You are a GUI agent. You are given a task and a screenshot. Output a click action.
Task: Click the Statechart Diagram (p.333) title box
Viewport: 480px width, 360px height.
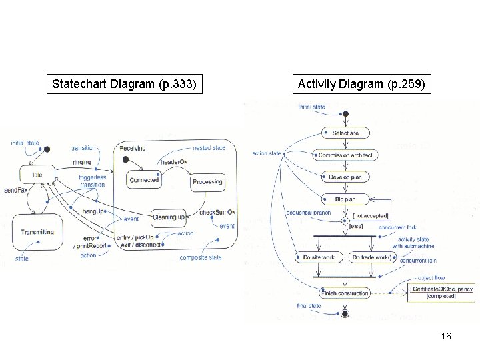pos(125,85)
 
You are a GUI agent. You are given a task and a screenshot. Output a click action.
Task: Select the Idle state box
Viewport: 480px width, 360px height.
pos(37,175)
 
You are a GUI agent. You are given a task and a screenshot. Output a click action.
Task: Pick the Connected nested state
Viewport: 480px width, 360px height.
pos(144,180)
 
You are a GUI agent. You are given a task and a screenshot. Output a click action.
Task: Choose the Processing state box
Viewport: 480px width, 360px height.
pos(207,181)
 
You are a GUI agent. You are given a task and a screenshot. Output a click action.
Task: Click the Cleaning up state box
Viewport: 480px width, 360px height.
pos(169,217)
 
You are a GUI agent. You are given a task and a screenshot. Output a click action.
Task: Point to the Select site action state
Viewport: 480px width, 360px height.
pos(345,133)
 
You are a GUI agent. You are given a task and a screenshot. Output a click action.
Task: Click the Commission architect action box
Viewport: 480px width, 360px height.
pos(345,155)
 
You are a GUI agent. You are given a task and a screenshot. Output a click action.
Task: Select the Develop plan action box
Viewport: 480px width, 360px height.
pos(345,177)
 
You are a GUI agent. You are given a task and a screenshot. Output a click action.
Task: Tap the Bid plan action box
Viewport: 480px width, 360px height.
pos(345,199)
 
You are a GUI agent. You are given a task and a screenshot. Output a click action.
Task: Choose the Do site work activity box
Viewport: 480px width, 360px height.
pos(319,257)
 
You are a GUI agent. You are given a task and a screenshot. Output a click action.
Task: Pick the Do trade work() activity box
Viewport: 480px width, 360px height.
pos(371,257)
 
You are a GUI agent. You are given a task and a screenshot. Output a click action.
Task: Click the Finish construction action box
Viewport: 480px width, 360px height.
pos(344,293)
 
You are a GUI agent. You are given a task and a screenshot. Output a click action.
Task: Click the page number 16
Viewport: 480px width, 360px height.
pos(446,336)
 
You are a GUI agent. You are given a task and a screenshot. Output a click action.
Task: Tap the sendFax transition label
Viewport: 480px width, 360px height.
pos(14,190)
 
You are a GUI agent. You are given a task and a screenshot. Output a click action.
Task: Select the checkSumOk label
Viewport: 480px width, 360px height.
pos(217,213)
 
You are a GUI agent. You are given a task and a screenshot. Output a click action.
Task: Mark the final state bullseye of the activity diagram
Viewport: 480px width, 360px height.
pos(345,313)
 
